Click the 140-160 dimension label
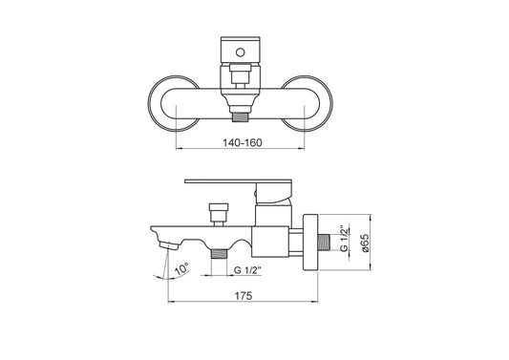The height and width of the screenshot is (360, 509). coord(243,142)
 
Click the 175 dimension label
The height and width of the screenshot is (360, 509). coord(244,296)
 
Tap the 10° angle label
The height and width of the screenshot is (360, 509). coord(181,269)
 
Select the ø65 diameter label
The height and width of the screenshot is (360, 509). coord(365,244)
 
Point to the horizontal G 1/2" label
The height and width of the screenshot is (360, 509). coord(247,270)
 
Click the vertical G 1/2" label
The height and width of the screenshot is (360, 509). coord(345,239)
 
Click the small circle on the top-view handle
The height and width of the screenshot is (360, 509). coord(241,52)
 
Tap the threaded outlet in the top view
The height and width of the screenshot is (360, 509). coord(241,116)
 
